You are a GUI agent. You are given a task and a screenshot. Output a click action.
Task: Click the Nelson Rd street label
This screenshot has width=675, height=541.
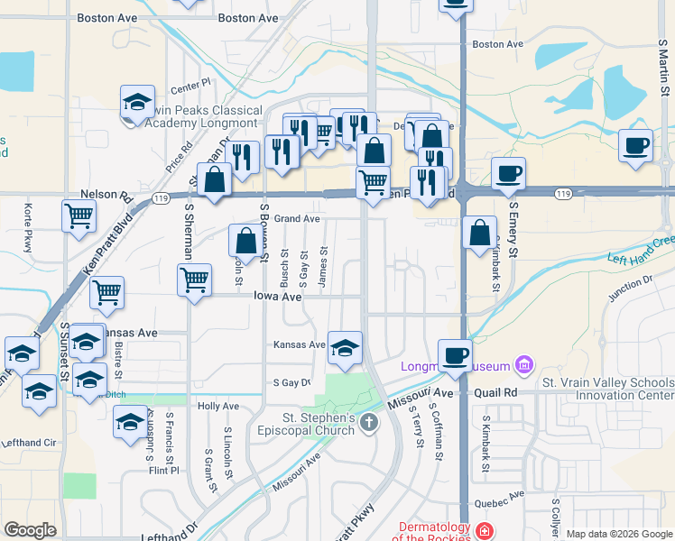tap(100, 194)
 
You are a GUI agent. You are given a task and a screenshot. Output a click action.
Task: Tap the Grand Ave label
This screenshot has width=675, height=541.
tap(298, 219)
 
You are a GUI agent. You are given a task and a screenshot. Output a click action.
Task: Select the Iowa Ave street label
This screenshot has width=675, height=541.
tap(276, 296)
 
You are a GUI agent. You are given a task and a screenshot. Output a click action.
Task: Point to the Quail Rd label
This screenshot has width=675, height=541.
tap(498, 393)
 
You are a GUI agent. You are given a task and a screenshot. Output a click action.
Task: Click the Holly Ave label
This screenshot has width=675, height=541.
tap(218, 407)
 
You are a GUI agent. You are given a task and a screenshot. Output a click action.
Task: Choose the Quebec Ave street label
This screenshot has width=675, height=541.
tap(504, 495)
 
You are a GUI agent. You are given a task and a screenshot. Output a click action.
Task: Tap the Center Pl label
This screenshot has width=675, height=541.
tap(190, 87)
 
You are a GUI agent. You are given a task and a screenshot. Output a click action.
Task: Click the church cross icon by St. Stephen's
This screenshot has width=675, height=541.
tap(368, 422)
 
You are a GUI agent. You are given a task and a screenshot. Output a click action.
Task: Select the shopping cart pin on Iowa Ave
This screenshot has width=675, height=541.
tap(194, 280)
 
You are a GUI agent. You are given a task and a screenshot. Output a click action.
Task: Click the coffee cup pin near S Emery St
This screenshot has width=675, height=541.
tap(508, 173)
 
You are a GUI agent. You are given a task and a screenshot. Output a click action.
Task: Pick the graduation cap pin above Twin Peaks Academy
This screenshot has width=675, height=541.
tap(137, 102)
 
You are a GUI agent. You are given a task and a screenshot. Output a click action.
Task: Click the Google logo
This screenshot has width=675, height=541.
tap(30, 530)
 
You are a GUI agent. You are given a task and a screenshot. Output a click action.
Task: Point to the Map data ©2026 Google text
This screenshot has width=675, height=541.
tap(618, 534)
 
